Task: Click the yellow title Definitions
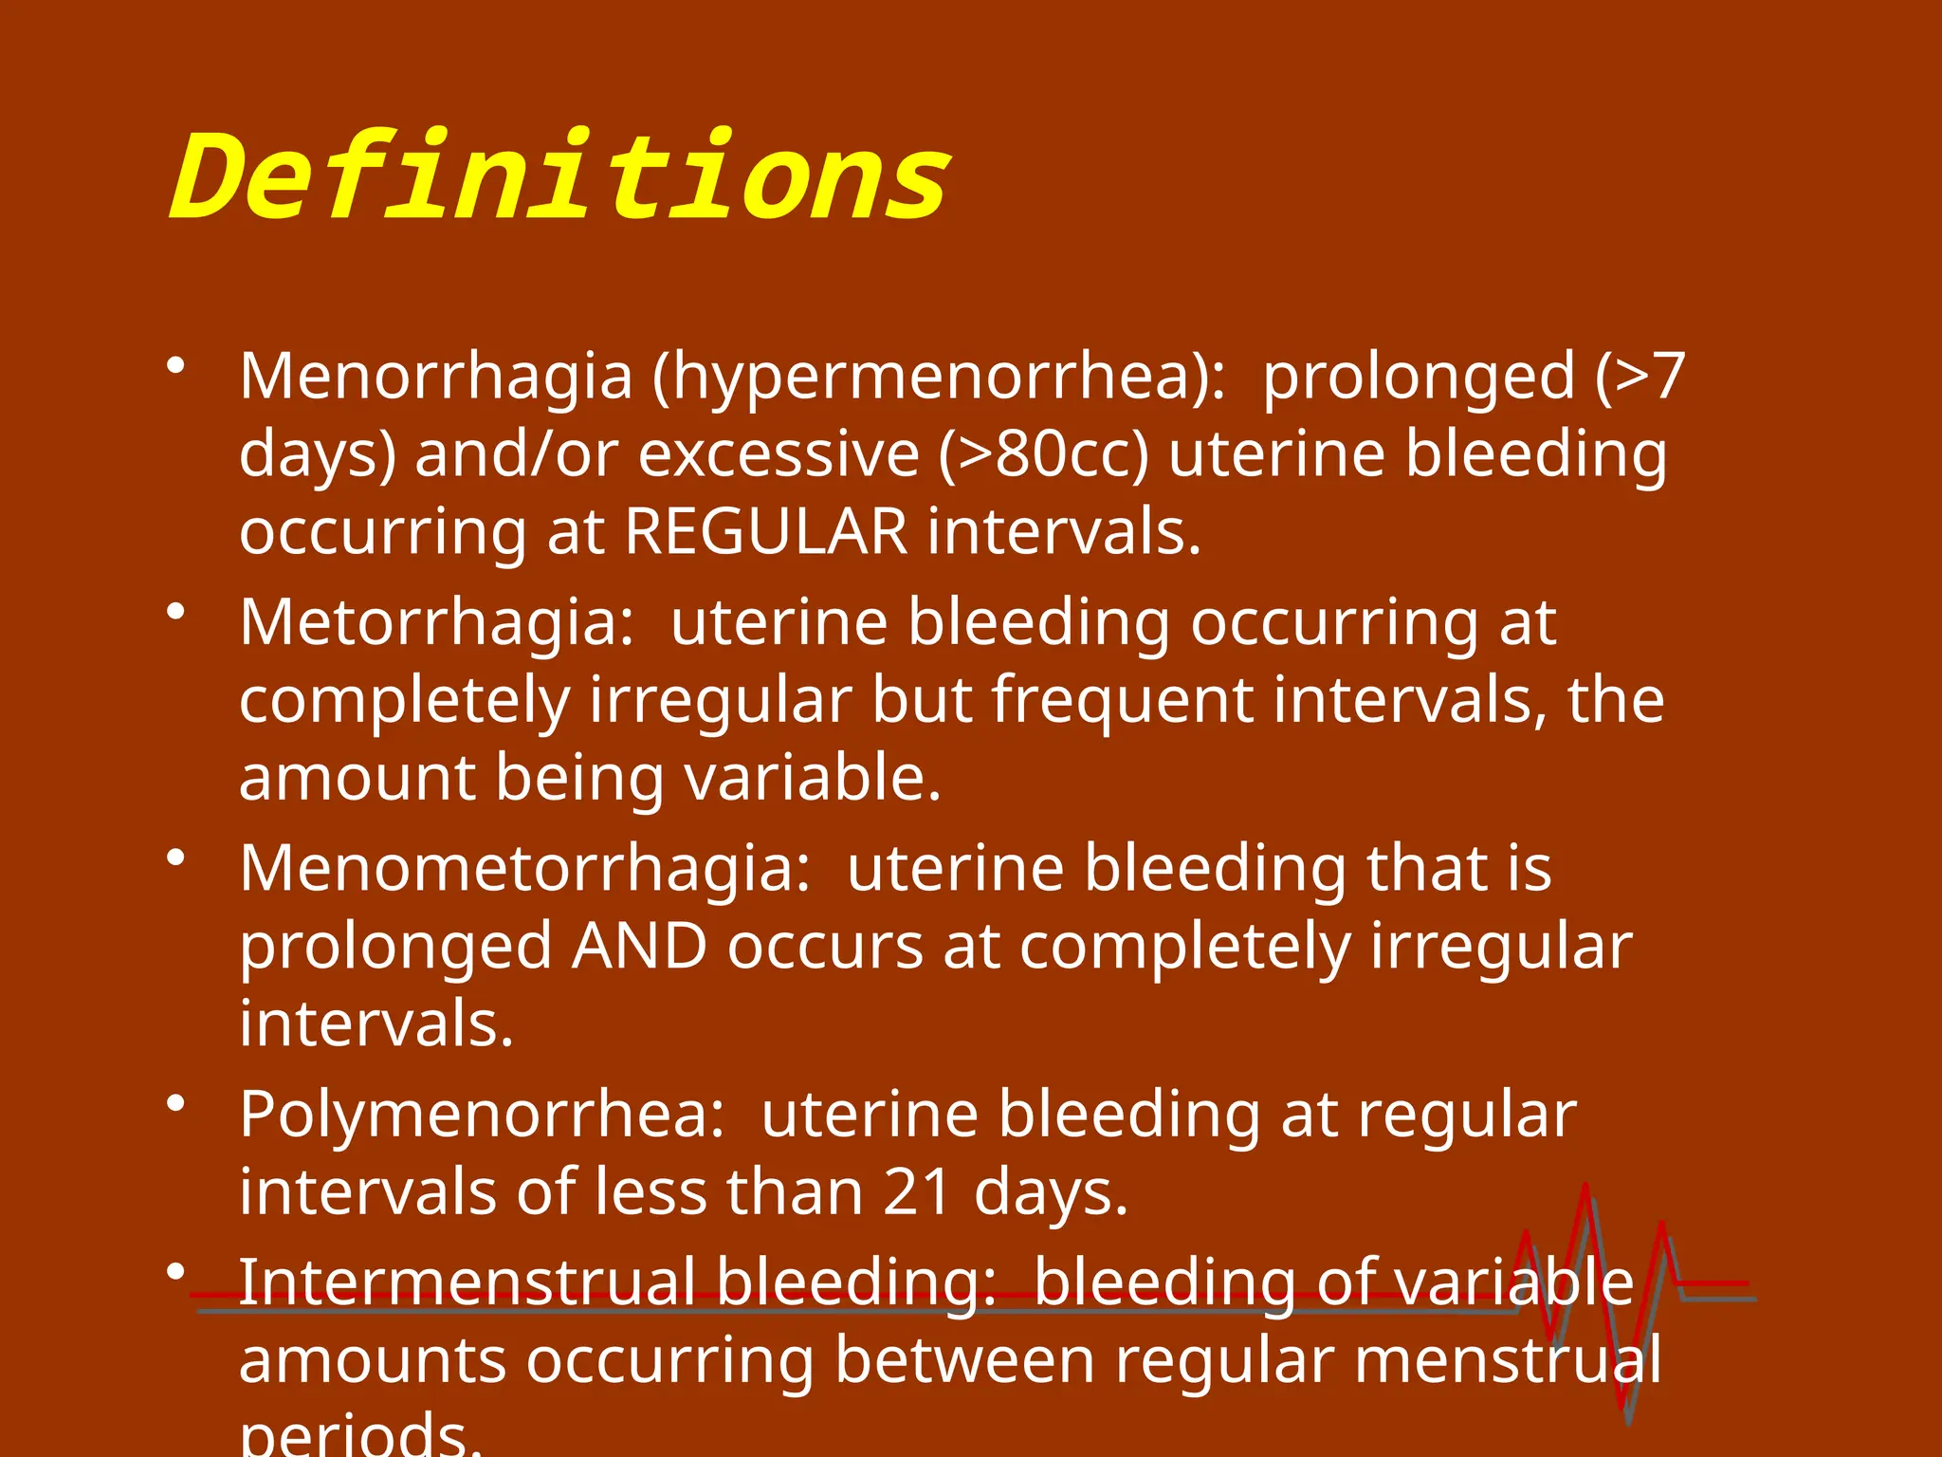pyautogui.click(x=559, y=178)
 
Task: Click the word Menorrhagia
pyautogui.click(x=435, y=378)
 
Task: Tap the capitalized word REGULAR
pyautogui.click(x=766, y=531)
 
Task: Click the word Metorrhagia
pyautogui.click(x=435, y=623)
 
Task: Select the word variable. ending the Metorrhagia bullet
pyautogui.click(x=813, y=778)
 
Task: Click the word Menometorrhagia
pyautogui.click(x=524, y=869)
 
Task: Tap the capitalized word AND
pyautogui.click(x=639, y=947)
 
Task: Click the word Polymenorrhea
pyautogui.click(x=482, y=1115)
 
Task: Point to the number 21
pyautogui.click(x=917, y=1192)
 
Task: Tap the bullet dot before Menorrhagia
pyautogui.click(x=174, y=366)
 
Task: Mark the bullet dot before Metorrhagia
pyautogui.click(x=174, y=612)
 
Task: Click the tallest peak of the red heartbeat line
pyautogui.click(x=1585, y=1188)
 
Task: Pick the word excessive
pyautogui.click(x=779, y=454)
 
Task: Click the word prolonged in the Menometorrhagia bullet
pyautogui.click(x=395, y=947)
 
